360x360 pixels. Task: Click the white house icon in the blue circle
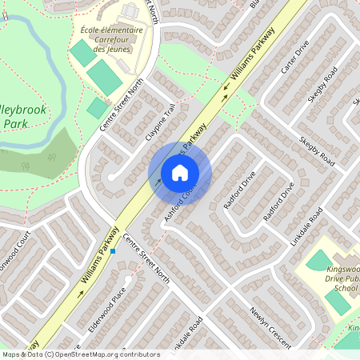coord(180,173)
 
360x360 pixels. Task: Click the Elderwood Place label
coord(109,307)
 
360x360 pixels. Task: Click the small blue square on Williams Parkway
coord(114,251)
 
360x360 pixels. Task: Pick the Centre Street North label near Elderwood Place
coord(146,259)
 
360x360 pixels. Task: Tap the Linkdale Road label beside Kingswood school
coord(306,227)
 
